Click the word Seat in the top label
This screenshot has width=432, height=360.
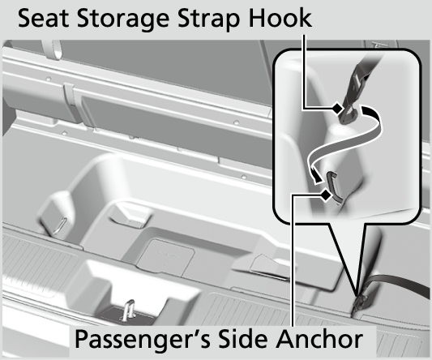coord(43,18)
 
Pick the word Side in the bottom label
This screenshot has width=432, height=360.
coord(244,338)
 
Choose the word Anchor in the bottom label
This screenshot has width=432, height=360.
coord(319,338)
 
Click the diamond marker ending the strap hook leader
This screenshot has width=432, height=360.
coord(337,109)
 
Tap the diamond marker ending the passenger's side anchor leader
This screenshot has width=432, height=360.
coord(326,195)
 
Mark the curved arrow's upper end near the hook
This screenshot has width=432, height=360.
coord(366,109)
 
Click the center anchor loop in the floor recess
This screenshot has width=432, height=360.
coord(128,311)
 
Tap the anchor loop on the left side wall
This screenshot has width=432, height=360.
coord(60,226)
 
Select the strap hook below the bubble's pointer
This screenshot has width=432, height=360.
coord(361,303)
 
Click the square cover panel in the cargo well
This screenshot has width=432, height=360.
coord(165,258)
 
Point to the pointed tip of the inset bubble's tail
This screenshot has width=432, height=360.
coord(357,295)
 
